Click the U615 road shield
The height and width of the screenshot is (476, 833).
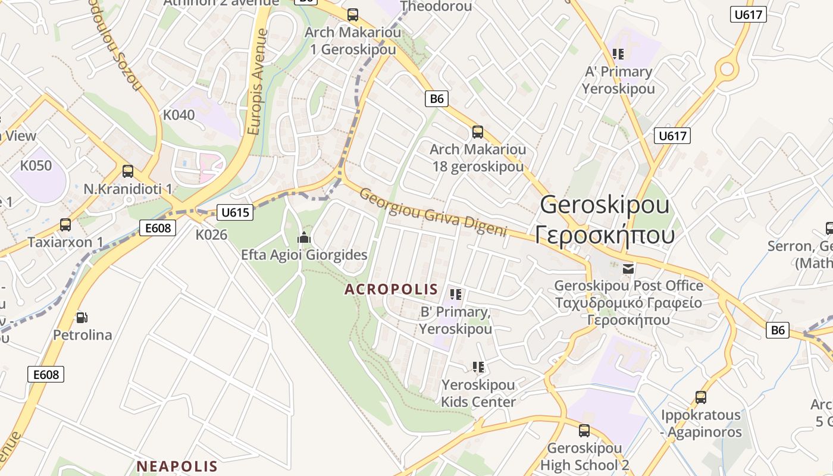[236, 212]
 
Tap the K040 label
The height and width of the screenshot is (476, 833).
[178, 115]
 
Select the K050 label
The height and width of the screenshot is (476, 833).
[36, 165]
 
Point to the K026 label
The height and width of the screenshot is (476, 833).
[212, 235]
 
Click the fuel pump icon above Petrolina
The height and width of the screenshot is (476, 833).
[82, 318]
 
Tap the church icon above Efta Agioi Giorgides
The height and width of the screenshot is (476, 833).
[304, 238]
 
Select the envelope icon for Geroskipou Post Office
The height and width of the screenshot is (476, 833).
[628, 269]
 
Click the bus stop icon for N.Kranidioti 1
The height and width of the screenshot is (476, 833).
[128, 171]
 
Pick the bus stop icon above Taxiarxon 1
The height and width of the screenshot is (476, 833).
[65, 225]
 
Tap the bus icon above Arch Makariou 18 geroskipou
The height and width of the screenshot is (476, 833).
[478, 132]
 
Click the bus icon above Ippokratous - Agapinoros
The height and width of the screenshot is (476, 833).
[701, 397]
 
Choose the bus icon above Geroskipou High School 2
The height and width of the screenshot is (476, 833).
[584, 431]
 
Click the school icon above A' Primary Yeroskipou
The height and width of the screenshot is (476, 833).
[618, 54]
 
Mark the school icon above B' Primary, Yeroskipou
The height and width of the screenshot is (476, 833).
[456, 294]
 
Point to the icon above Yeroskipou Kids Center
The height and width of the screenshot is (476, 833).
[478, 367]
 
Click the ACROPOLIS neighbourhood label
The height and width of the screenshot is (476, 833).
[392, 290]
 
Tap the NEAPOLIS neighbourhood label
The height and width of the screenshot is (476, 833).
[177, 465]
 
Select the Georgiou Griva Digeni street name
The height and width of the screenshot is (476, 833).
[433, 212]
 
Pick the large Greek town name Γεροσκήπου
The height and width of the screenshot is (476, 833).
[605, 234]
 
